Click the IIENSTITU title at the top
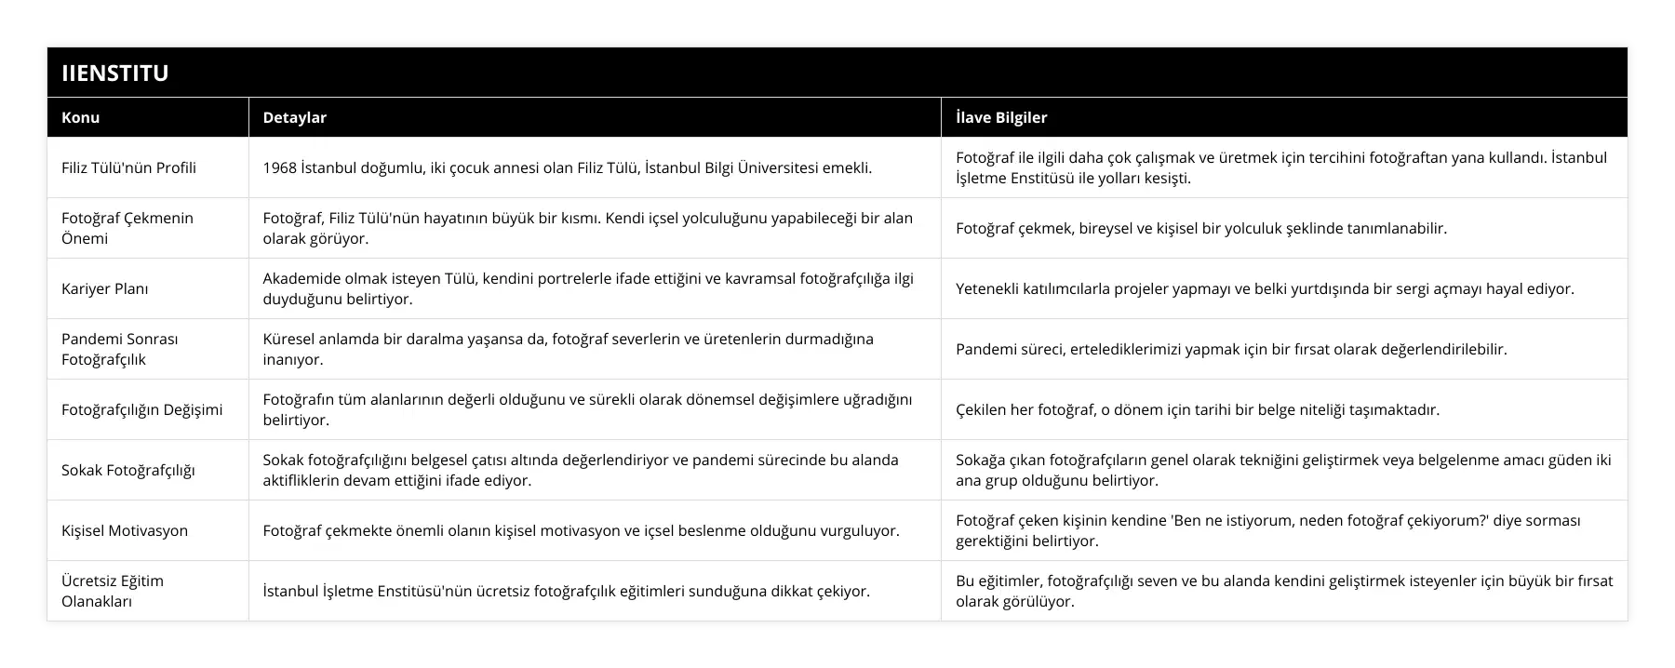[x=115, y=73]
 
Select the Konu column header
[x=81, y=117]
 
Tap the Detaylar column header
[x=294, y=117]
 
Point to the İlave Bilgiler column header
[x=1001, y=117]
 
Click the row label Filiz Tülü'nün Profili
[x=128, y=167]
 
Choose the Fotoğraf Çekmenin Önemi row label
[x=127, y=228]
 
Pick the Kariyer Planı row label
[x=105, y=288]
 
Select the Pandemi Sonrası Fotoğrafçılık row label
[x=120, y=349]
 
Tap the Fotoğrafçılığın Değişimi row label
[x=141, y=409]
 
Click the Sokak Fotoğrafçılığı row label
[x=128, y=470]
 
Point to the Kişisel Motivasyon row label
[x=125, y=530]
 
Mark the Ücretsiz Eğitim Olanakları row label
[x=113, y=591]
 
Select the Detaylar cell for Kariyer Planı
[x=588, y=288]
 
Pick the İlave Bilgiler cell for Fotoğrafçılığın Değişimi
[x=1198, y=409]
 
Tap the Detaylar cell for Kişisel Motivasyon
[x=581, y=530]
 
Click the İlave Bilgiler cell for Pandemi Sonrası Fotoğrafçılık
[x=1231, y=349]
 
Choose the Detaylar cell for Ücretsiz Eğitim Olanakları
[x=566, y=591]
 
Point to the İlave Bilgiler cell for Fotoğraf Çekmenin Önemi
[x=1201, y=228]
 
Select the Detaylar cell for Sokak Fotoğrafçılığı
[x=581, y=470]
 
